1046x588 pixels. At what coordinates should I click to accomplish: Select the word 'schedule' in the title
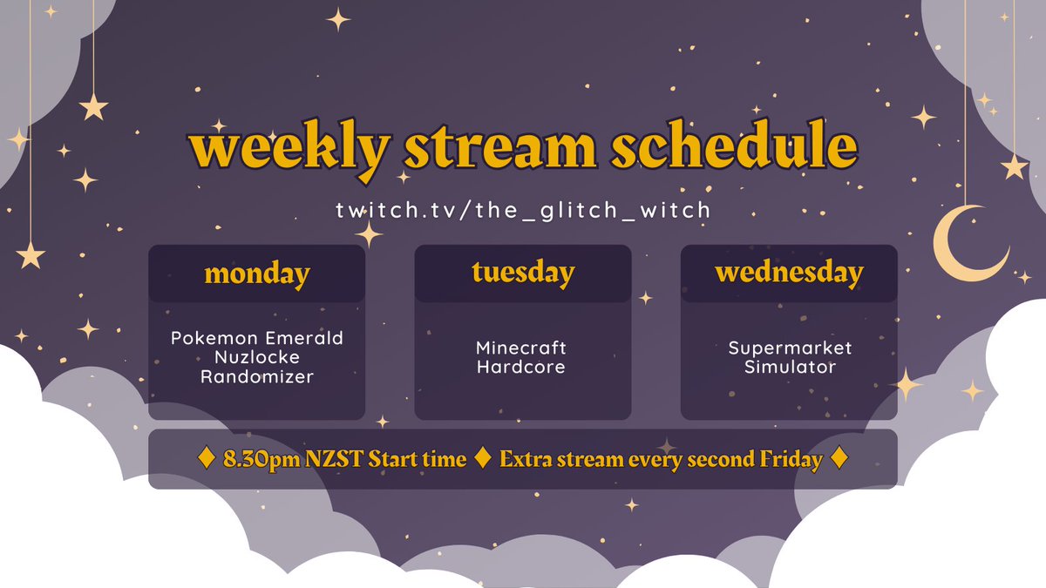[x=733, y=150]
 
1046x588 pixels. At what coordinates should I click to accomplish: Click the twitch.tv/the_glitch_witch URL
[x=523, y=210]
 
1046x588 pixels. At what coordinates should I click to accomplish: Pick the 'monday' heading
[x=257, y=274]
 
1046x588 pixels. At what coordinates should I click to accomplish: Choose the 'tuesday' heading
[x=523, y=272]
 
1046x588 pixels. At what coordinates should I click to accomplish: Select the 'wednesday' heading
[x=789, y=272]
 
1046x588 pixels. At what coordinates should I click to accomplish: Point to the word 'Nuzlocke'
[x=257, y=357]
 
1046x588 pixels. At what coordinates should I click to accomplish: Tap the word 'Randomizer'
[x=257, y=376]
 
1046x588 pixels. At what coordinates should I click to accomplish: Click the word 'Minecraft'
[x=521, y=348]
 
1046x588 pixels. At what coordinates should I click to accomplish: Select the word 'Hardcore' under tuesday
[x=521, y=367]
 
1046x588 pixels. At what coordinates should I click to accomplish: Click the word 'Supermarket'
[x=790, y=348]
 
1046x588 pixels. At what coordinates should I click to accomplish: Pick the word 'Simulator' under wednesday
[x=790, y=367]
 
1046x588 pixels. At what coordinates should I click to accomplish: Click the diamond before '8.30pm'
[x=207, y=459]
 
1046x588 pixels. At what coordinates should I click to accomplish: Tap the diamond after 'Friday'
[x=839, y=459]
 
